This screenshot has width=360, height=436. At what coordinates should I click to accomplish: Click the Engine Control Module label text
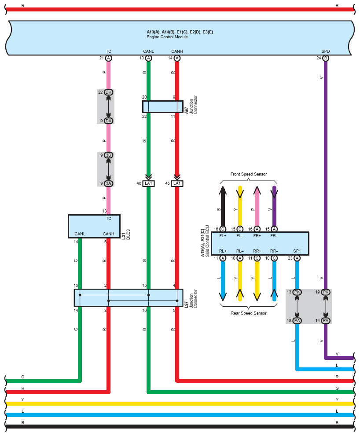[167, 37]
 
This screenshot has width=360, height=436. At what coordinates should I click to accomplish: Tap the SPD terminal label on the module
[326, 51]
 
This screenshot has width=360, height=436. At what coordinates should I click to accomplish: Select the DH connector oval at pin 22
[109, 92]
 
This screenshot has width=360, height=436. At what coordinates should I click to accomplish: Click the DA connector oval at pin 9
[109, 121]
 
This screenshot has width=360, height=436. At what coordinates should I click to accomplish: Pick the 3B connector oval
[109, 155]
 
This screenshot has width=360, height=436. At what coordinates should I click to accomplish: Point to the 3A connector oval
[109, 183]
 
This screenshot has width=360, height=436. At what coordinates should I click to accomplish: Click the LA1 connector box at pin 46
[149, 183]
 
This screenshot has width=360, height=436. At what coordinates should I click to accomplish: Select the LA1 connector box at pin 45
[177, 183]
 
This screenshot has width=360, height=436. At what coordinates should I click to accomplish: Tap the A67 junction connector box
[163, 106]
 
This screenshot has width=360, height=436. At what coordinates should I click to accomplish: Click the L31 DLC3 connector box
[94, 226]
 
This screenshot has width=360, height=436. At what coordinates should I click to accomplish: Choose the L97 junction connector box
[129, 298]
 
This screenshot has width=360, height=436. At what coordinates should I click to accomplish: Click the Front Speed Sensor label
[249, 174]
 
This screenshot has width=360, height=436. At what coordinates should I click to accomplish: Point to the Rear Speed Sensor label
[249, 313]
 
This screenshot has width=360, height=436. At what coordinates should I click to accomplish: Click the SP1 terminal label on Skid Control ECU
[297, 251]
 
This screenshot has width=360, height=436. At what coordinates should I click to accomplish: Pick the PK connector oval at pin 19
[326, 292]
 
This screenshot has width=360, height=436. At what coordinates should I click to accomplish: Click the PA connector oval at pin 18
[297, 321]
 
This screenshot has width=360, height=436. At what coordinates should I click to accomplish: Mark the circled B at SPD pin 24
[326, 58]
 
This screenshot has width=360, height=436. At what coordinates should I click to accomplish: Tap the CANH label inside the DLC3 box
[109, 234]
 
